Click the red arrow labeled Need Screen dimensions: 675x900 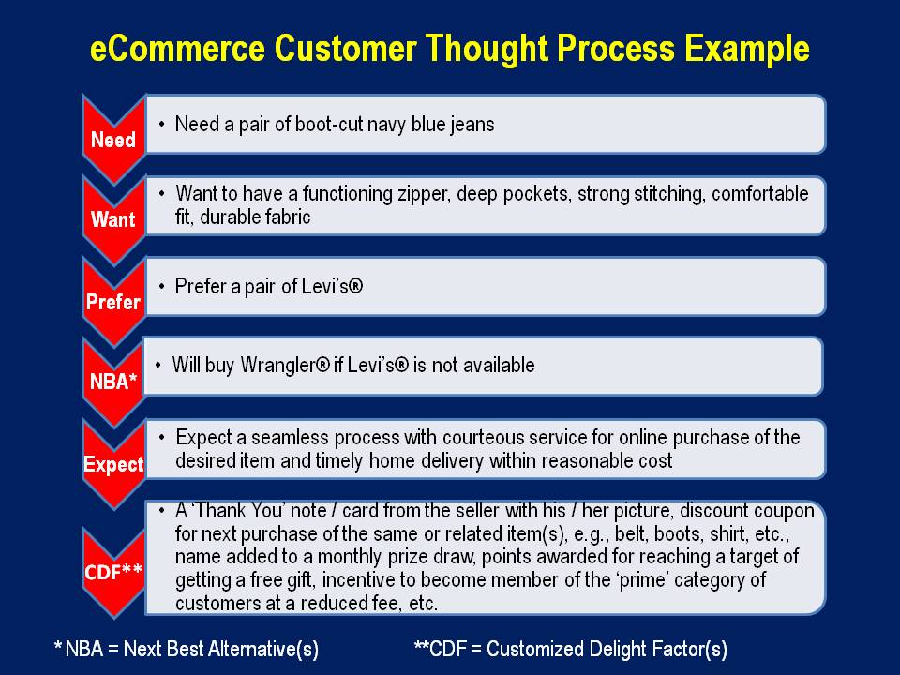(x=112, y=139)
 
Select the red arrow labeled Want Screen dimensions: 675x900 (x=112, y=219)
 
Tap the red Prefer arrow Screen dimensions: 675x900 (x=112, y=301)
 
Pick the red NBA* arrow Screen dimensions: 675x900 (x=112, y=382)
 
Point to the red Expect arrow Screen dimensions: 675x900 (x=112, y=463)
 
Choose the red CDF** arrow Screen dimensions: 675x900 (x=112, y=571)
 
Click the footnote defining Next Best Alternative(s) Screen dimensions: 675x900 (x=186, y=649)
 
